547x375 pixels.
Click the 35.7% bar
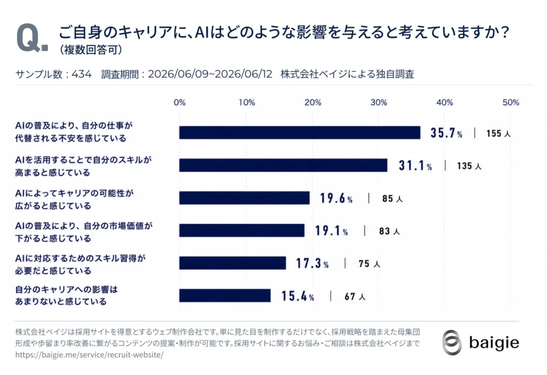click(300, 133)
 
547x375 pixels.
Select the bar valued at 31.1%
click(283, 165)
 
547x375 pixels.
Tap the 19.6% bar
click(244, 198)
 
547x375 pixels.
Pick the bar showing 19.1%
click(242, 231)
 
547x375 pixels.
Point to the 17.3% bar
click(232, 263)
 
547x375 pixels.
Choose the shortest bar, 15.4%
click(225, 296)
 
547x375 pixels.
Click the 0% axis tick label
click(179, 102)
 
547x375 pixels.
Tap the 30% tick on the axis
click(379, 102)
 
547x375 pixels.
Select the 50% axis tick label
click(511, 102)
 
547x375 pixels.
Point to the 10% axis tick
click(247, 102)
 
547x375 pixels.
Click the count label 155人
click(498, 134)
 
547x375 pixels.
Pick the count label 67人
click(355, 297)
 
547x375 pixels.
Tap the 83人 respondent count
click(389, 231)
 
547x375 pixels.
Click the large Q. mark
click(32, 38)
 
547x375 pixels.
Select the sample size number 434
click(82, 74)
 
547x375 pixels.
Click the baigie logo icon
click(452, 342)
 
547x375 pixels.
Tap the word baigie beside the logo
click(494, 342)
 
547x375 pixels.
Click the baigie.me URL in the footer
click(89, 355)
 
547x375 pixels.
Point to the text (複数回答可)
click(91, 50)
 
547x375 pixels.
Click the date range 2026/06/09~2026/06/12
click(210, 74)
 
